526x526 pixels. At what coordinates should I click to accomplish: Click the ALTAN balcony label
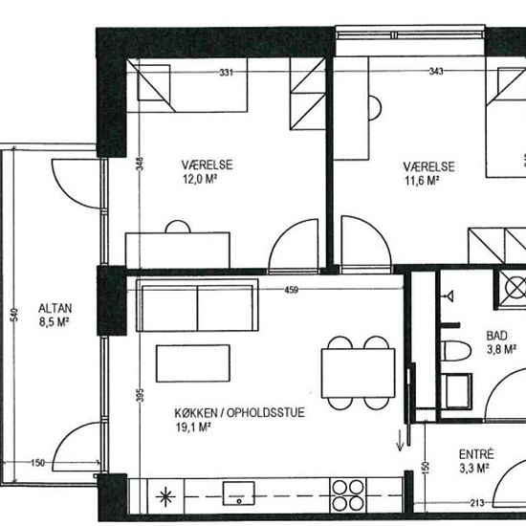coord(55,308)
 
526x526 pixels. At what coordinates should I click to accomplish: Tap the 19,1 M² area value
coord(193,427)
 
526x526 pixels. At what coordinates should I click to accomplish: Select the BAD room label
coord(496,336)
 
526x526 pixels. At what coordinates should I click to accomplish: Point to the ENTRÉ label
coord(476,454)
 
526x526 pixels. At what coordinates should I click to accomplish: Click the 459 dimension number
coord(291,290)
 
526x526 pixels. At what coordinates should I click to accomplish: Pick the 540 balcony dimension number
coord(14,315)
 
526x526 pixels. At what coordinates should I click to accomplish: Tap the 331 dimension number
coord(226,72)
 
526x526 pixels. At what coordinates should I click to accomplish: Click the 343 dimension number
coord(436,71)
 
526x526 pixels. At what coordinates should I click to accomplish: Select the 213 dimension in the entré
coord(477,503)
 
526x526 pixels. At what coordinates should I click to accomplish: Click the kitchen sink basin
coord(239,493)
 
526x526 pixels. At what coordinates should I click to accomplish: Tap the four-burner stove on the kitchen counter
coord(348,495)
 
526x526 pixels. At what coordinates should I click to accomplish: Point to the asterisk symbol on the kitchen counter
coord(165,497)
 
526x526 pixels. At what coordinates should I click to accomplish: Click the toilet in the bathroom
coord(455,351)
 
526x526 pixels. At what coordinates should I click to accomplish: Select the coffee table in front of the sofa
coord(193,363)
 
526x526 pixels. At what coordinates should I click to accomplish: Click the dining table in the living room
coord(359,373)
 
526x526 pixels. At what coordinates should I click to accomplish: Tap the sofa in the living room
coord(197,305)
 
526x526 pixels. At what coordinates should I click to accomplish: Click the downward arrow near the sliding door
coord(400,441)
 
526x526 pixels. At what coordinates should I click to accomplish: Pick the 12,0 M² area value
coord(199,179)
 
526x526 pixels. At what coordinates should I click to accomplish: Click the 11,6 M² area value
coord(422,181)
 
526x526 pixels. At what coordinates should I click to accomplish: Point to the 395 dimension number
coord(141,395)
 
